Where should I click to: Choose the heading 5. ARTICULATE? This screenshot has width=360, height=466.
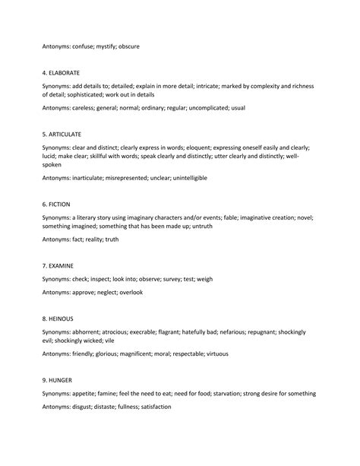point(64,135)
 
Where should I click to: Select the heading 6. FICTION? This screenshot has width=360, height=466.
point(57,204)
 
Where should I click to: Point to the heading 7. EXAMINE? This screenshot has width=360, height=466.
point(58,266)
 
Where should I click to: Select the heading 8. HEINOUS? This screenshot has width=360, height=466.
point(58,319)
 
